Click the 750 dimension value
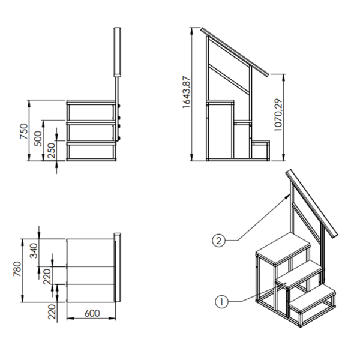click(x=24, y=131)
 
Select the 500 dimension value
click(x=38, y=139)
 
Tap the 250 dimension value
click(x=52, y=151)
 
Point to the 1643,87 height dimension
click(x=187, y=92)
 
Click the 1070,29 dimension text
click(x=278, y=115)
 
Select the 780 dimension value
click(x=17, y=269)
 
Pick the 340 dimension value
click(x=34, y=251)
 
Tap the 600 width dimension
click(x=92, y=313)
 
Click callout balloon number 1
click(x=221, y=301)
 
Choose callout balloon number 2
click(x=218, y=241)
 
